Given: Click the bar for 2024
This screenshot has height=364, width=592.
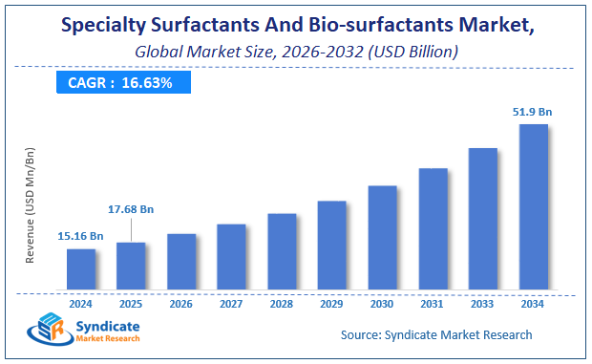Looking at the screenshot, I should [81, 268].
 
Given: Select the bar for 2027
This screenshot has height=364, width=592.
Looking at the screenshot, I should [231, 256].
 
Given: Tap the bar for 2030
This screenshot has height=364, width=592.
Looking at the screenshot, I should [382, 237].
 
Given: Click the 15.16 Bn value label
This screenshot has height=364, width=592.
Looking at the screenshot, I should [80, 236].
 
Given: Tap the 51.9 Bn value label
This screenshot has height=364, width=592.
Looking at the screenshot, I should [533, 112].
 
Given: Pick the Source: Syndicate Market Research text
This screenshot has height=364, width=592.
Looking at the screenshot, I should [436, 335].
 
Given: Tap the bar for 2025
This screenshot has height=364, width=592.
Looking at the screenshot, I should [131, 266].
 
